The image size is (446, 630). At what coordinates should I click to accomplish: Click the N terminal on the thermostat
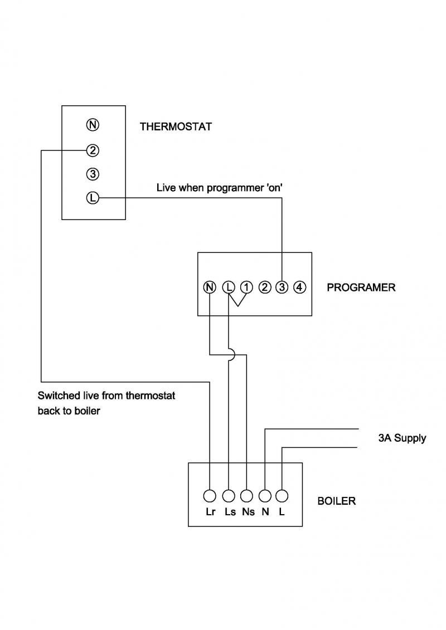point(93,125)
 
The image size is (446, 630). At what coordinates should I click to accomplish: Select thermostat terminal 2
point(93,150)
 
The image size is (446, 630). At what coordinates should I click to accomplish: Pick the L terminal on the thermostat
point(93,197)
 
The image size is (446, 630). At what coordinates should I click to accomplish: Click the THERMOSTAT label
point(176,126)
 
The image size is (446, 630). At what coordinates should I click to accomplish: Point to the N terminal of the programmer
point(210,287)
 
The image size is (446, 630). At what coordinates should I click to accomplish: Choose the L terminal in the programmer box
point(229,287)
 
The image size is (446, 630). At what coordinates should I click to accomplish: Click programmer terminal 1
point(246,287)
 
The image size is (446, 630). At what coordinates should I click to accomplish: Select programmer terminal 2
point(265,287)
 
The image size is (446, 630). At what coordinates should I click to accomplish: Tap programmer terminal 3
point(282,287)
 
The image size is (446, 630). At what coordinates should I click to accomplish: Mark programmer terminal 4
point(299,287)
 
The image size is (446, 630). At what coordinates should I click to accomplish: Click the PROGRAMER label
point(361,288)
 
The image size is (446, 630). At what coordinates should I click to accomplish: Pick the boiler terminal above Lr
point(210,495)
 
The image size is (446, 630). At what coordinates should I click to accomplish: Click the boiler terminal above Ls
point(228,495)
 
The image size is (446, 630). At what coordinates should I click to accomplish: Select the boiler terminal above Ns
point(246,495)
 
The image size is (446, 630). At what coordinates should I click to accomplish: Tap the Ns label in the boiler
point(248,512)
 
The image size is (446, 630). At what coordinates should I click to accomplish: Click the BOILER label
point(336,501)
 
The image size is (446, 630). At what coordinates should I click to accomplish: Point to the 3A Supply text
point(401,438)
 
